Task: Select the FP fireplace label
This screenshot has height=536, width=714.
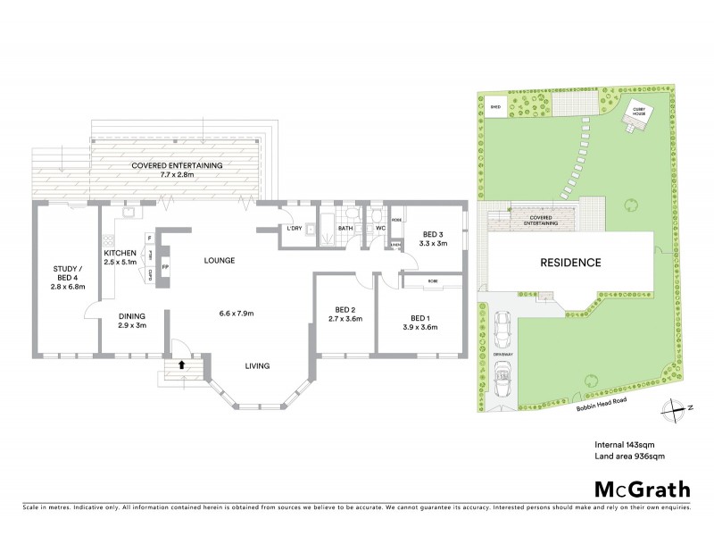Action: click(x=166, y=267)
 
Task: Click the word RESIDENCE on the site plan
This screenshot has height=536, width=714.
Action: click(x=569, y=263)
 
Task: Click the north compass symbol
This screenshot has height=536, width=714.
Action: click(x=672, y=409)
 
